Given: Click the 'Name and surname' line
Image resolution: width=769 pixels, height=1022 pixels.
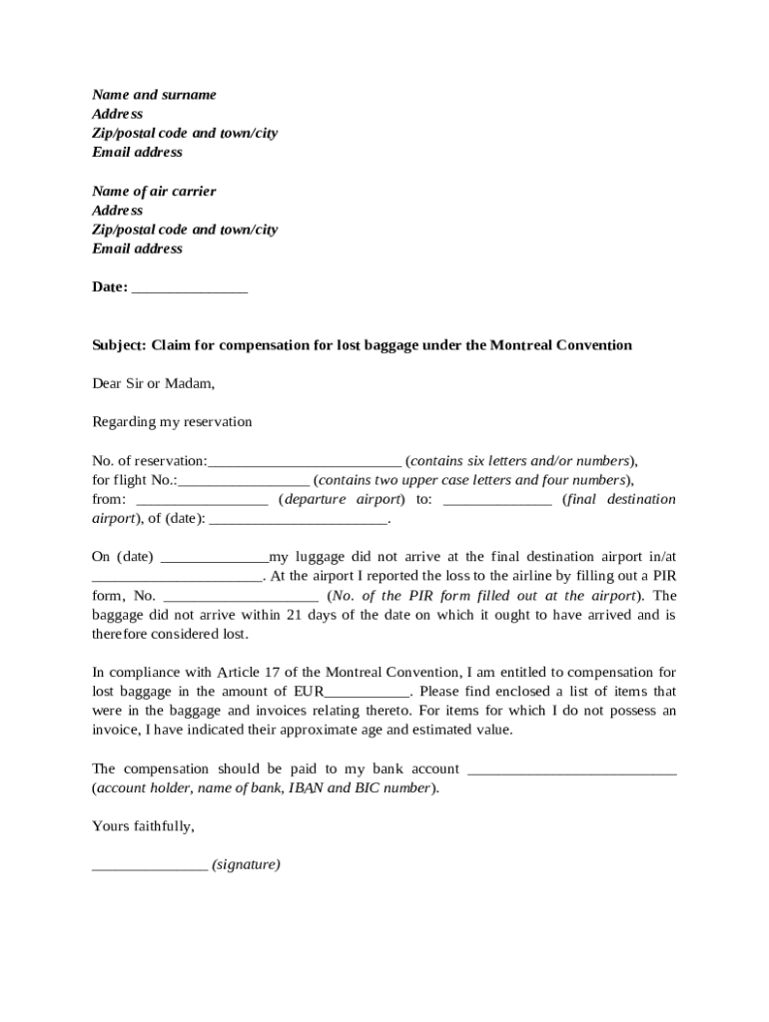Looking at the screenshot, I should click(154, 95).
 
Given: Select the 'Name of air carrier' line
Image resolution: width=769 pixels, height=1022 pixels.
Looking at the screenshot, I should click(154, 192).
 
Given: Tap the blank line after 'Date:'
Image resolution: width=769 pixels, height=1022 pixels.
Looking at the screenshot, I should click(190, 288).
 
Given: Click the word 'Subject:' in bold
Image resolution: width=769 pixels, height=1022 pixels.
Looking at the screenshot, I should click(120, 345).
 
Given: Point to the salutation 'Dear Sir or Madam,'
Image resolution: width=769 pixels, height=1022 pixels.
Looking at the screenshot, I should click(153, 383).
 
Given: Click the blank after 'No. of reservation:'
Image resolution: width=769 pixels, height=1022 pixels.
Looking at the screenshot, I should click(305, 462).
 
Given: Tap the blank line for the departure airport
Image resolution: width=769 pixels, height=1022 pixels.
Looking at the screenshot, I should click(202, 500).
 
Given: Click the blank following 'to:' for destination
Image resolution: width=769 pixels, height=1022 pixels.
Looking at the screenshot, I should click(496, 500).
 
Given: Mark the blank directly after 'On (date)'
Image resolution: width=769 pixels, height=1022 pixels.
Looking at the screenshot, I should click(215, 558).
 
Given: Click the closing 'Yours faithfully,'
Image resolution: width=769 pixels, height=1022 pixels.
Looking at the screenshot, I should click(143, 827).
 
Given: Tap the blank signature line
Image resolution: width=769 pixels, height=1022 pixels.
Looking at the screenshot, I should click(150, 866).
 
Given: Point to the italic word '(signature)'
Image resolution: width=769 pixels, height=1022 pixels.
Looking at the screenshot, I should click(246, 865).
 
